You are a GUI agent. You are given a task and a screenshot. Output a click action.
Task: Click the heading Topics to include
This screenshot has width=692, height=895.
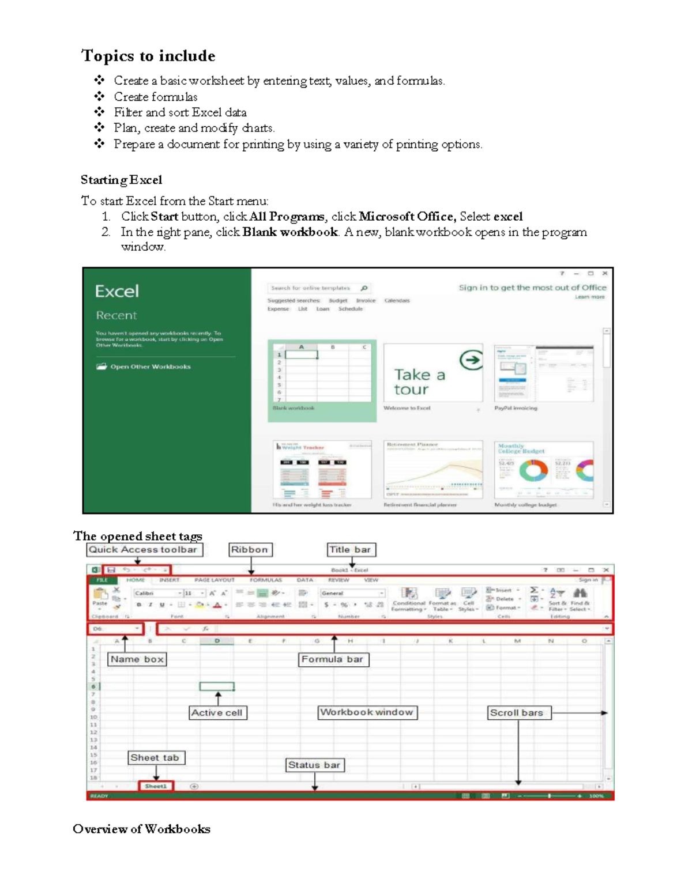(148, 56)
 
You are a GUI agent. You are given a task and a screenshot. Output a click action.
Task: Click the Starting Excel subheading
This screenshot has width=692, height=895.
(121, 180)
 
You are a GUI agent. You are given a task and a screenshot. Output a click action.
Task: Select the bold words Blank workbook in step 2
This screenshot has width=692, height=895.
(290, 232)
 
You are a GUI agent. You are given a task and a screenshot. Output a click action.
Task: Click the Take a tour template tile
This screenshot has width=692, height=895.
(432, 373)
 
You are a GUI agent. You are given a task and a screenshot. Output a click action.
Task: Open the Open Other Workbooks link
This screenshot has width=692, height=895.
(150, 367)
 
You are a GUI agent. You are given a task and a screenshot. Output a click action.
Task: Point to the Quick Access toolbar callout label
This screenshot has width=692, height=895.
(144, 550)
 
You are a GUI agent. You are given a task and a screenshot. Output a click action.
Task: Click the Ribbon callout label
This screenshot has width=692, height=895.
(250, 550)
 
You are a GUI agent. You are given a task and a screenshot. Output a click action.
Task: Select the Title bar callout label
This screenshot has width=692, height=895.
(351, 550)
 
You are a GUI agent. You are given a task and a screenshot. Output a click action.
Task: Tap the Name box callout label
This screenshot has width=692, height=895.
(137, 659)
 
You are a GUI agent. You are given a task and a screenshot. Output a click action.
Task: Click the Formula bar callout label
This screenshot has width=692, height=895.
(333, 659)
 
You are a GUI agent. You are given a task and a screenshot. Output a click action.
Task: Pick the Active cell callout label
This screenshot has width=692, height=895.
(217, 713)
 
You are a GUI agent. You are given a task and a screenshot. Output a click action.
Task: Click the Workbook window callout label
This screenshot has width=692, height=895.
(367, 712)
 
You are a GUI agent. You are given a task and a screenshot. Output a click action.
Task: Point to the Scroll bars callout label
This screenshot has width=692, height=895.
(517, 713)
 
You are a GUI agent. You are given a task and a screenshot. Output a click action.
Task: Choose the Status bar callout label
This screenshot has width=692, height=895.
(314, 765)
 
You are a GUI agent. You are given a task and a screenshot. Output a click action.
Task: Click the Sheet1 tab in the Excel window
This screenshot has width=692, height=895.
(156, 786)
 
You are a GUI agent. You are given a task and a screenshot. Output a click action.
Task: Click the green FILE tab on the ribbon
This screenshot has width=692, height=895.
(102, 580)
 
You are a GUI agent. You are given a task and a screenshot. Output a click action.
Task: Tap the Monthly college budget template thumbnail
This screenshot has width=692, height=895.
(544, 470)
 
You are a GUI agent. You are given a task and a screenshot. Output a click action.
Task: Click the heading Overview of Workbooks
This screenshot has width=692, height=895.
(141, 829)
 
